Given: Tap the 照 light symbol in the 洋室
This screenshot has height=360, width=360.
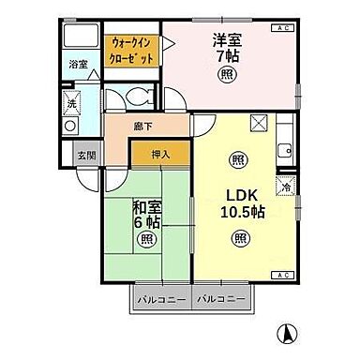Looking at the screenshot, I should coord(227,76).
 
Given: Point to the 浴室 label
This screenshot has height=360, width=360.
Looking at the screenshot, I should coord(78,65).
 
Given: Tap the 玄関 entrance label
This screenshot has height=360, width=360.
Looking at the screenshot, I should coord(86,155).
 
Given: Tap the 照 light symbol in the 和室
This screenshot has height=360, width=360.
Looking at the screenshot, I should coord(147,239).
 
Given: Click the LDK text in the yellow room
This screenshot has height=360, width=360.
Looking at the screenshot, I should coord(241,194).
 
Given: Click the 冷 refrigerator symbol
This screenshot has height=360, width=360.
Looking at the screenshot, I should coord(286,185).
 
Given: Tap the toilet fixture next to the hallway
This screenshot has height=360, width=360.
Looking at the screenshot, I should coord(140,97).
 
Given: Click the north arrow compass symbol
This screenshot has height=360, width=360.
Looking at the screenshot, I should coord(287,334).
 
